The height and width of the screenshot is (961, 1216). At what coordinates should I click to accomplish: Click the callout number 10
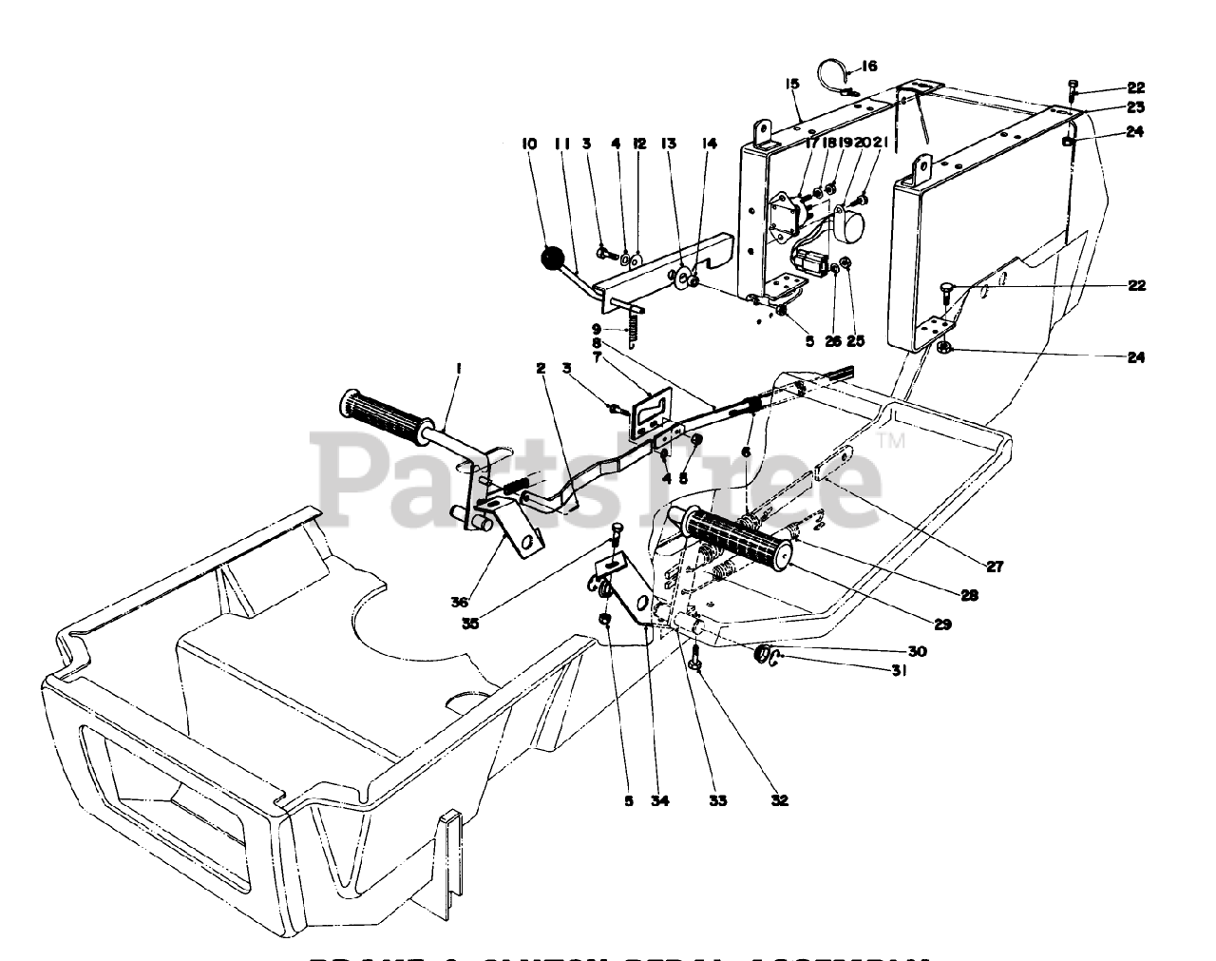click(x=529, y=144)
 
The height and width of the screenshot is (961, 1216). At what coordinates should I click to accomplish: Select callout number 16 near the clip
click(x=870, y=67)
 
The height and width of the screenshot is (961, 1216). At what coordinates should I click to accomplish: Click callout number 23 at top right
click(x=1136, y=107)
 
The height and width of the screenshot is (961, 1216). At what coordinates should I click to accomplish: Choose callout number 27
click(x=994, y=567)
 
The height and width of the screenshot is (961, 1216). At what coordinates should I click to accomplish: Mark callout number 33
click(x=718, y=800)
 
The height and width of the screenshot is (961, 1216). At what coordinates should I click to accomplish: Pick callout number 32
click(x=780, y=800)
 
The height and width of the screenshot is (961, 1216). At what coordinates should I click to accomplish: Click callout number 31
click(x=899, y=671)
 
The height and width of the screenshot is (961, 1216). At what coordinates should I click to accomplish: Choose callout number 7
click(x=596, y=356)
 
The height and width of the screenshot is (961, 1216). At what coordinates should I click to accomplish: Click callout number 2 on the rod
click(x=540, y=368)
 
